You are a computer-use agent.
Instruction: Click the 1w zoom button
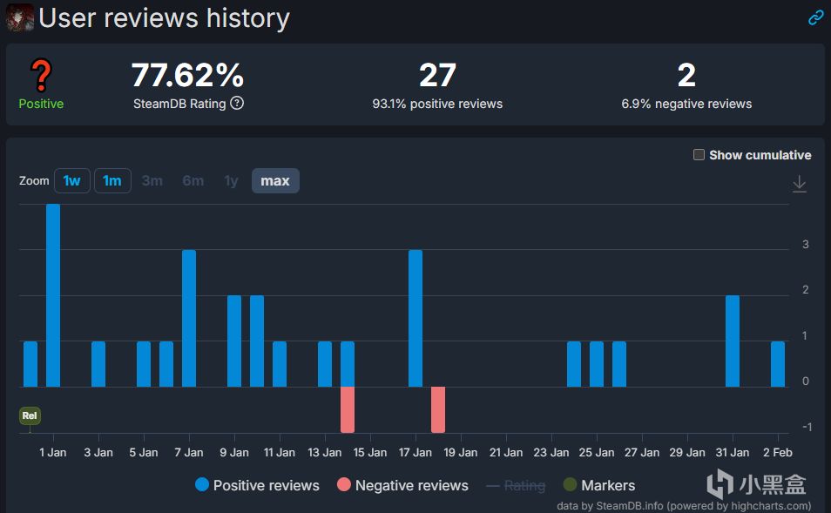pyautogui.click(x=71, y=181)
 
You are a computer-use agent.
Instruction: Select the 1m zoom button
pyautogui.click(x=112, y=181)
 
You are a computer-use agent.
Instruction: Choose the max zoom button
pyautogui.click(x=275, y=181)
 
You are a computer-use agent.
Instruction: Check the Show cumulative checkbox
pyautogui.click(x=699, y=155)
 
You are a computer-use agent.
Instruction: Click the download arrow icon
pyautogui.click(x=800, y=184)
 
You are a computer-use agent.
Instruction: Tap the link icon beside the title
pyautogui.click(x=815, y=17)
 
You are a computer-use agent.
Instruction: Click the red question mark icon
pyautogui.click(x=41, y=77)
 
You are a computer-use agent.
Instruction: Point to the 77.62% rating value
pyautogui.click(x=187, y=76)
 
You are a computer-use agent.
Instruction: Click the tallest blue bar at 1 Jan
pyautogui.click(x=53, y=295)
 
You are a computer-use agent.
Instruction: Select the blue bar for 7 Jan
pyautogui.click(x=189, y=318)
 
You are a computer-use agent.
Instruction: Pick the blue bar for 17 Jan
pyautogui.click(x=415, y=318)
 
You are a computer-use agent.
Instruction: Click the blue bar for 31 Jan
pyautogui.click(x=733, y=341)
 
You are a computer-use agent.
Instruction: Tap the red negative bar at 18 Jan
pyautogui.click(x=438, y=409)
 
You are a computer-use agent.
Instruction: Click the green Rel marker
pyautogui.click(x=30, y=416)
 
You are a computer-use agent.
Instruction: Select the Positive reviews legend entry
pyautogui.click(x=257, y=485)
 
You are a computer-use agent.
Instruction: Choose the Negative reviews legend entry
pyautogui.click(x=402, y=485)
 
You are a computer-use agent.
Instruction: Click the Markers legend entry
pyautogui.click(x=599, y=485)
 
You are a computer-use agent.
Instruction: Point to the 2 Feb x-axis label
pyautogui.click(x=778, y=452)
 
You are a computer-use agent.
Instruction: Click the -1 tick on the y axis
pyautogui.click(x=806, y=427)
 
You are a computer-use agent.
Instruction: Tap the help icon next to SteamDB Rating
pyautogui.click(x=237, y=104)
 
